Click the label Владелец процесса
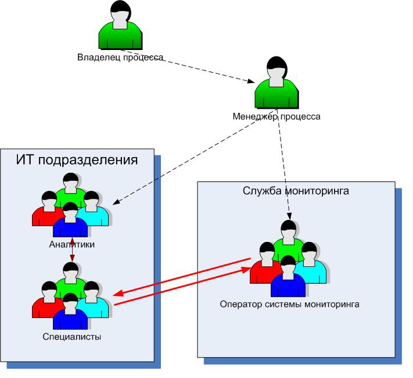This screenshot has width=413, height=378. point(120,58)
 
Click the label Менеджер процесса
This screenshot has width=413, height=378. point(276,116)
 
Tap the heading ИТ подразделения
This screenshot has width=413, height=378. point(77,160)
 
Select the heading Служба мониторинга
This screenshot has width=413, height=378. point(295,190)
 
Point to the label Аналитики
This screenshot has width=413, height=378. point(71,245)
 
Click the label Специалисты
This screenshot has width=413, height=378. point(72,336)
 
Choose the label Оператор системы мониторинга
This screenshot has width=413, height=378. point(290,304)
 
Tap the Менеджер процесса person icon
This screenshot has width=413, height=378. point(276,84)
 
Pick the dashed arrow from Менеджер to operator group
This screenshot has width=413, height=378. point(285,169)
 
